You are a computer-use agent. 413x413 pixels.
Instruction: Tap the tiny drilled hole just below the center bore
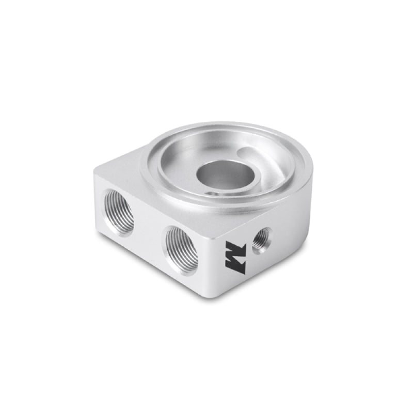(209, 195)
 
